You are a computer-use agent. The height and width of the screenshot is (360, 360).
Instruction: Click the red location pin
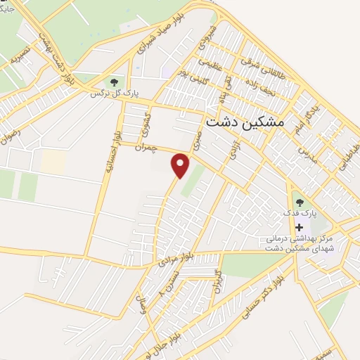tap(181, 165)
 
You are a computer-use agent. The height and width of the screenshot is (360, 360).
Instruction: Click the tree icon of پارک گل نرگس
tap(115, 82)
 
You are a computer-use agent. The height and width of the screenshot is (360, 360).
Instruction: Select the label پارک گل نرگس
tap(115, 92)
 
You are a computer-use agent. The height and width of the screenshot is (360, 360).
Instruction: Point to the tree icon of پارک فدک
tap(300, 202)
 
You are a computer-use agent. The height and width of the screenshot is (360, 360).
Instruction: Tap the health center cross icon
tap(300, 227)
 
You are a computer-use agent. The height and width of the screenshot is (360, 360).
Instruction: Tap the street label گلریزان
tap(218, 281)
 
